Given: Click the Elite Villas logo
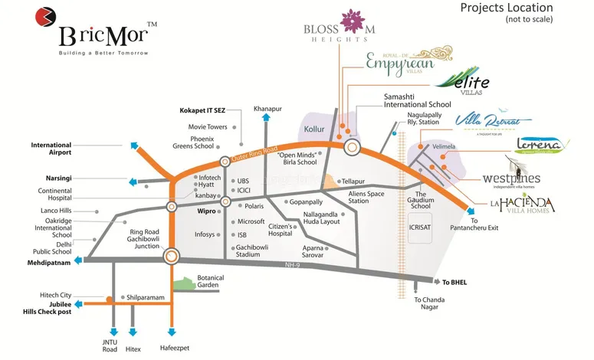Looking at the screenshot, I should (463, 82).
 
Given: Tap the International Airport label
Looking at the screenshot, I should (51, 149).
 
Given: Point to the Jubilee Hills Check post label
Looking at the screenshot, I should (50, 308).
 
